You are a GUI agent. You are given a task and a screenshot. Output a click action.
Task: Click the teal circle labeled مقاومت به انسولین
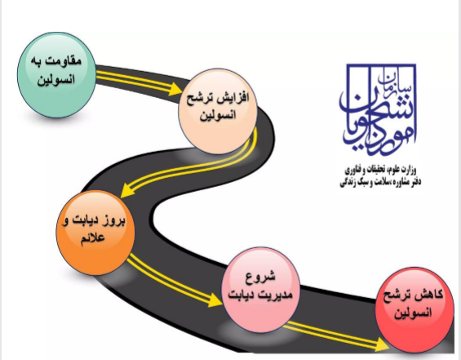pos(57,75)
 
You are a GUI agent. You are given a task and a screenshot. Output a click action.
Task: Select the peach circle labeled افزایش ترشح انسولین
pos(218,112)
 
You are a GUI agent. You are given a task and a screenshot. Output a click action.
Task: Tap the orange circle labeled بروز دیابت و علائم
pos(95,233)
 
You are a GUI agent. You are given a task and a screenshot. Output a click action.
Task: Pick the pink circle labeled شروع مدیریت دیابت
pos(261,290)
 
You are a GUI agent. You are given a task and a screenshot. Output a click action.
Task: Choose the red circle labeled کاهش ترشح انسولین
pos(414,309)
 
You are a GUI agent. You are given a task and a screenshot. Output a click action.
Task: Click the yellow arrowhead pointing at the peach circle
pos(175,89)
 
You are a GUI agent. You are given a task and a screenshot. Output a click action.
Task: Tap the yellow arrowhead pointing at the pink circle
pos(215,300)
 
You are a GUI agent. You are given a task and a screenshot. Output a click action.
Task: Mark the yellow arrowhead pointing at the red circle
pos(383,344)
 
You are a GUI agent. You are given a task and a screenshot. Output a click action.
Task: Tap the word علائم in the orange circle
pos(92,238)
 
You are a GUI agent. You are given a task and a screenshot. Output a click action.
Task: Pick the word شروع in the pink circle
pos(260,277)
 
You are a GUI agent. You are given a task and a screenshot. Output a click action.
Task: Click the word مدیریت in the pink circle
pos(276,295)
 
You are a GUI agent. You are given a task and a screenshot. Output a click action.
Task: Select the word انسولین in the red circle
pos(413,313)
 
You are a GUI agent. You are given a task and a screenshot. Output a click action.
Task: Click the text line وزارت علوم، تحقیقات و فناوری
pos(380,170)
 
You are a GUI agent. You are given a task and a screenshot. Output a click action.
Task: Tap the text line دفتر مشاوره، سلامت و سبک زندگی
pos(380,182)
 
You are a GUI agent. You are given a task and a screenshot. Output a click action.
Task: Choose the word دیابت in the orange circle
pos(86,220)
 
